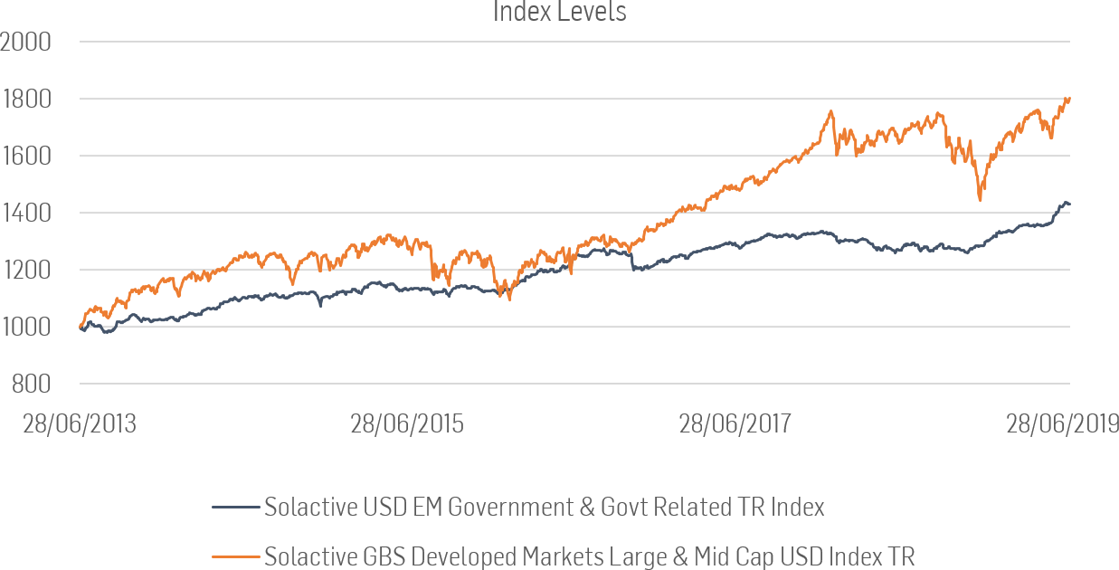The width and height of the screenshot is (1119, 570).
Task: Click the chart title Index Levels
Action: (559, 12)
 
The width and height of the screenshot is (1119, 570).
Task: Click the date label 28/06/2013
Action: (80, 424)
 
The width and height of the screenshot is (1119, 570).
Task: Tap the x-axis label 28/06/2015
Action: (407, 424)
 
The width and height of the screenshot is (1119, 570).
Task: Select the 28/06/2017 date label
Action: (735, 424)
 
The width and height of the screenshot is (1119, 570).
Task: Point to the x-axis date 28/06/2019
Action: (1062, 424)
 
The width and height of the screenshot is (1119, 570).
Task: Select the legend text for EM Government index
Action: (544, 508)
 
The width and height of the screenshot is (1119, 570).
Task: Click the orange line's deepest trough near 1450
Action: (981, 200)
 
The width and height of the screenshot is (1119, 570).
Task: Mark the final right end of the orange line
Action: (1069, 99)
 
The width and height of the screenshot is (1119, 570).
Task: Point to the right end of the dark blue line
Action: (1069, 204)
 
